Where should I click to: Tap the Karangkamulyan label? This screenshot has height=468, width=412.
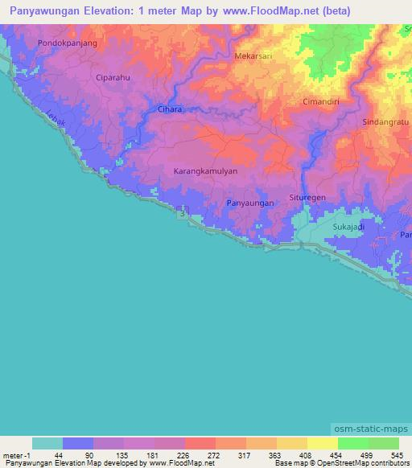point(205,172)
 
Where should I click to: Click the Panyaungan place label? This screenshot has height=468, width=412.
point(250,203)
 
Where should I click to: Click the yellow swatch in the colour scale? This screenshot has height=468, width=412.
point(322,443)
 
